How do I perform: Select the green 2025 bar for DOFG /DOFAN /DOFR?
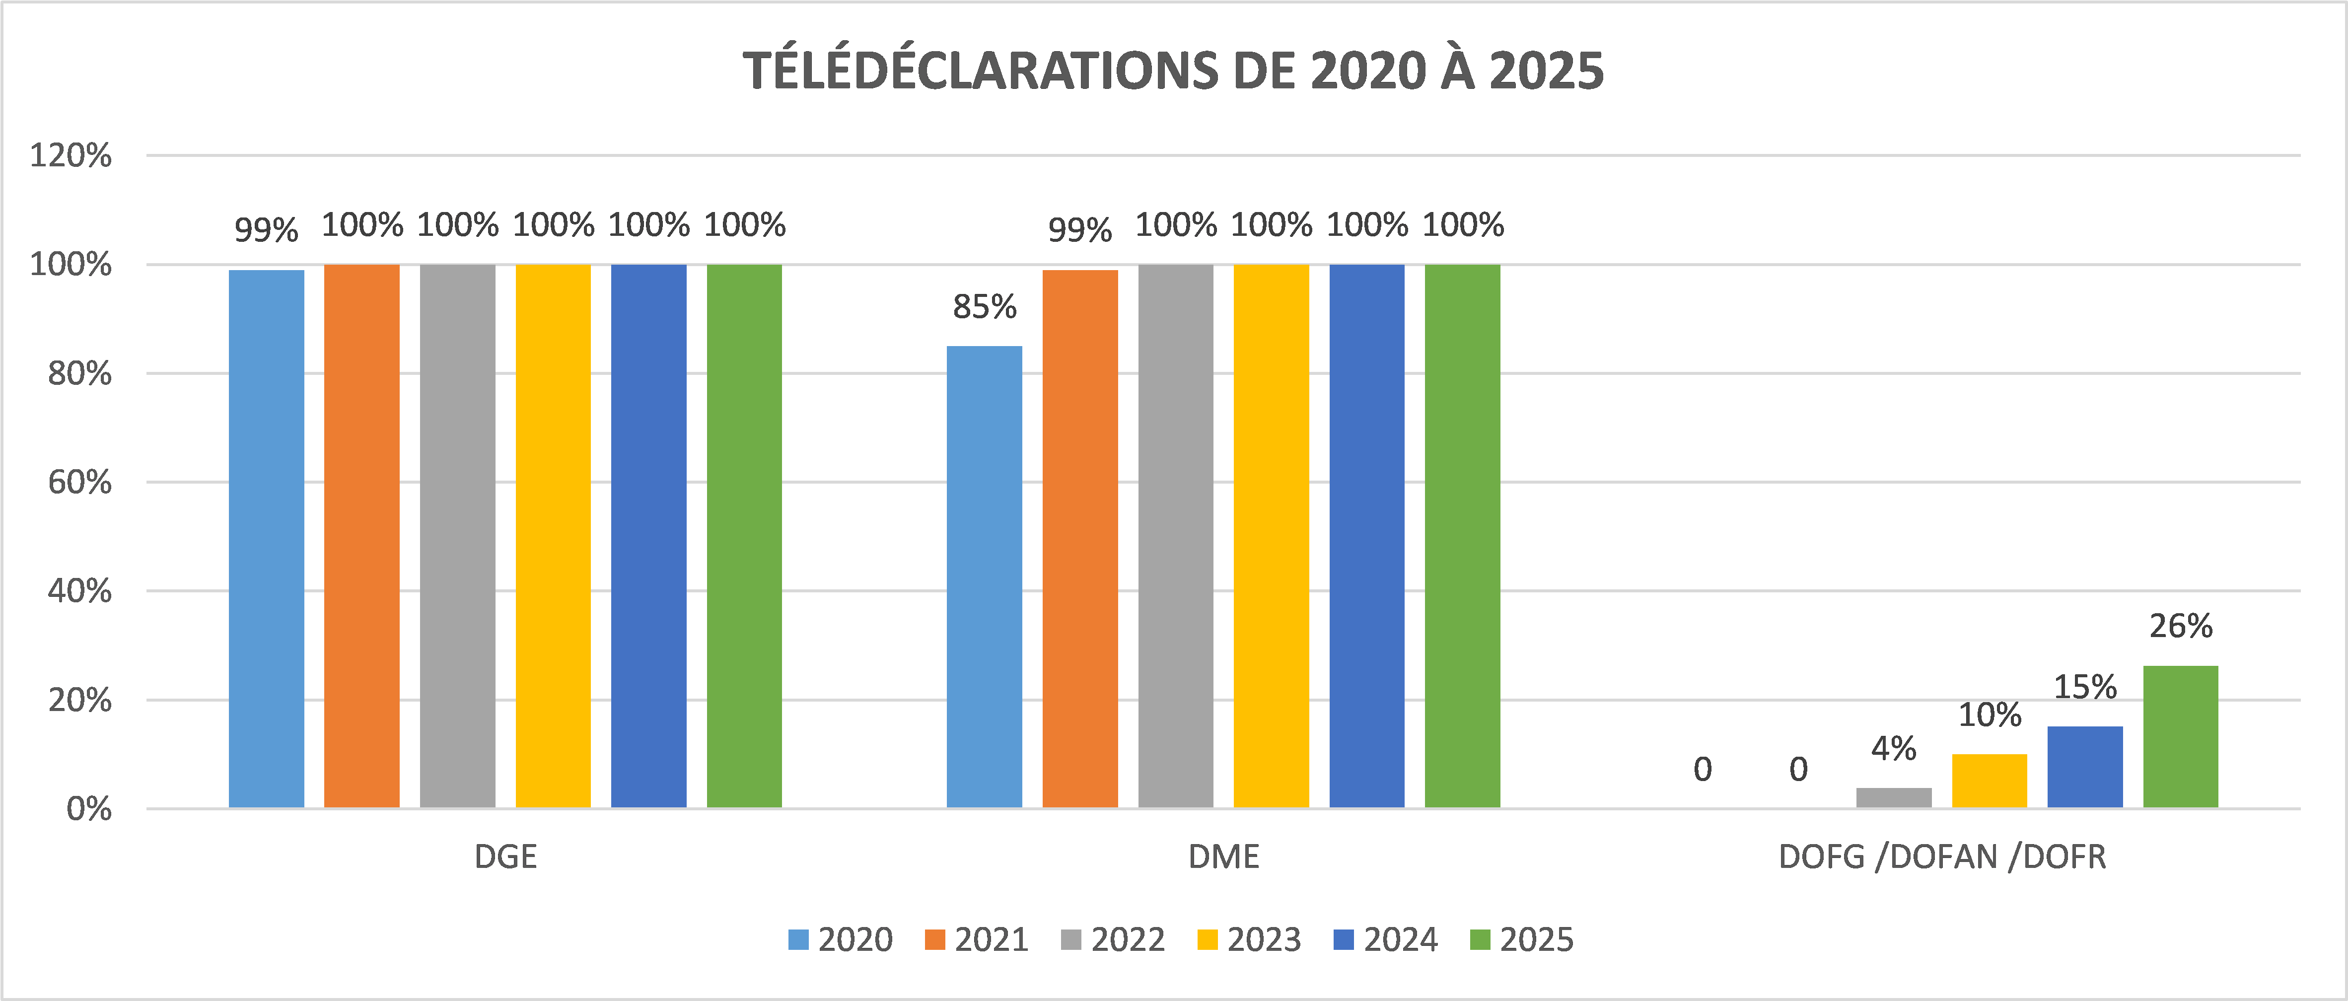coord(2180,737)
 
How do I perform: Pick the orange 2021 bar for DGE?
coord(362,536)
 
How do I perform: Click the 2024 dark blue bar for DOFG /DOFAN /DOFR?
coord(2084,767)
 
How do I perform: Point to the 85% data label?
coord(985,307)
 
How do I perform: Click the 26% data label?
coord(2180,626)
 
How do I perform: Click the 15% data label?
coord(2084,687)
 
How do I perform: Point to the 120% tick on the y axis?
coord(71,156)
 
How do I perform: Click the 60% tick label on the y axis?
coord(80,482)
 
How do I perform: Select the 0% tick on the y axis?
coord(89,809)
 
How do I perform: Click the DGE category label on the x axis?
coord(506,857)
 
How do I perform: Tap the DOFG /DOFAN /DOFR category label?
coord(1942,857)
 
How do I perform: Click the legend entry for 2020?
coord(841,940)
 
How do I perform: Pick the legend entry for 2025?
coord(1522,940)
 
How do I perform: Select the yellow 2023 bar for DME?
coord(1272,536)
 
